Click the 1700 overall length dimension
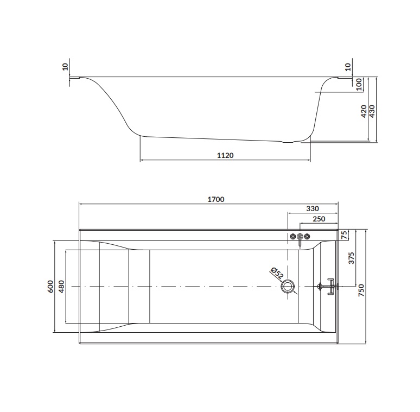pos(216,199)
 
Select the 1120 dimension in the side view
pos(225,155)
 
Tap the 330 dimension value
pos(313,208)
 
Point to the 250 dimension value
pos(319,219)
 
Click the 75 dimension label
pos(345,234)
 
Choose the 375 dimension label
pos(351,258)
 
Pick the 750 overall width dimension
pos(361,290)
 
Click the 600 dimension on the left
pos(50,287)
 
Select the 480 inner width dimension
pos(61,287)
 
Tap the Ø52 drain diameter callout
pos(277,274)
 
